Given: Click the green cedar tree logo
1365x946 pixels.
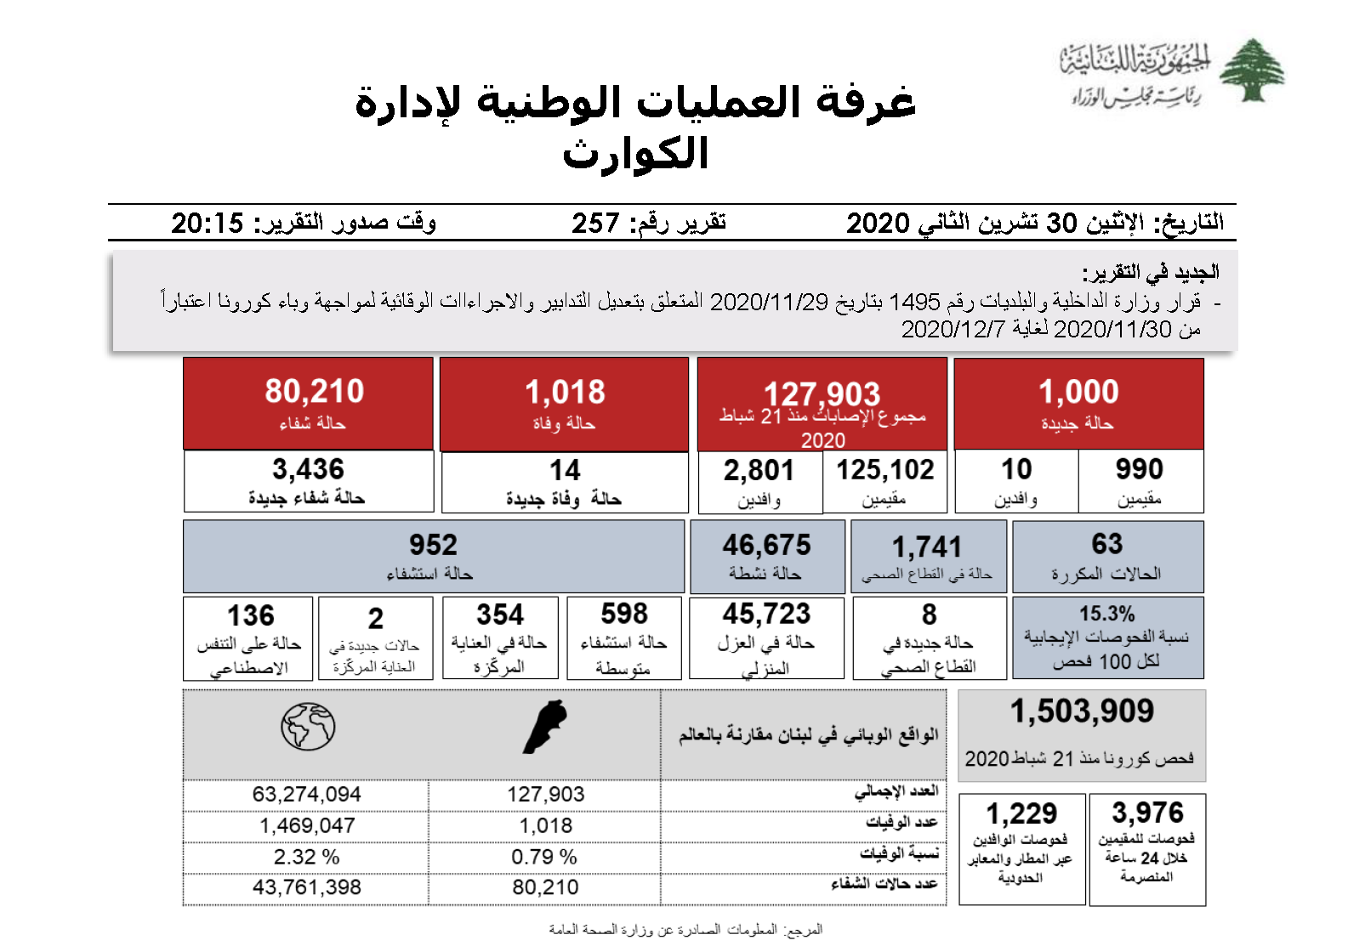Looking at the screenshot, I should click(1251, 71).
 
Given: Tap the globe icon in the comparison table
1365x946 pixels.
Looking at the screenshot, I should click(308, 727).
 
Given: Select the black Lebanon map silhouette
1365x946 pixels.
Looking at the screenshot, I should click(544, 727).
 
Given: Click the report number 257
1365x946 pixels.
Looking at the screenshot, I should click(595, 224).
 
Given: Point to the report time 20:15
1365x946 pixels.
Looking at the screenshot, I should click(208, 224).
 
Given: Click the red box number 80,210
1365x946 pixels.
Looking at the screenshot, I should click(314, 392).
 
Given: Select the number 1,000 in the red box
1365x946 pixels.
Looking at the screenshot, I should click(1078, 392).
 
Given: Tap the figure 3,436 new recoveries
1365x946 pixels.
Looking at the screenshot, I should click(308, 469).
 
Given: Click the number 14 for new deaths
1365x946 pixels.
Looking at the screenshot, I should click(565, 470).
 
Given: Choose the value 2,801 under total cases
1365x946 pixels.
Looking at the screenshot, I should click(759, 470).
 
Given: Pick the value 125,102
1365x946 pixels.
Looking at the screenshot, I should click(884, 470).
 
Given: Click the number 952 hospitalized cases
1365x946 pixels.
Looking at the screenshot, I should click(433, 545).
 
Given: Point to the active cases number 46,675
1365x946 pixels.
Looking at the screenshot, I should click(766, 545).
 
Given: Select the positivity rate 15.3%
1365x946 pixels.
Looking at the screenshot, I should click(1106, 614).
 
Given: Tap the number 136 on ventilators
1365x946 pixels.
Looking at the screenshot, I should click(250, 615).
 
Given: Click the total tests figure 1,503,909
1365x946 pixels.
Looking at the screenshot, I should click(1082, 711).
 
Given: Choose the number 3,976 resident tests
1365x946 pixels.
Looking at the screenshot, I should click(1147, 813).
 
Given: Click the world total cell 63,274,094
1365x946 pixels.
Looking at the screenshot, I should click(306, 795).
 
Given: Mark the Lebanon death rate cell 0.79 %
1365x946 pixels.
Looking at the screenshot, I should click(544, 857).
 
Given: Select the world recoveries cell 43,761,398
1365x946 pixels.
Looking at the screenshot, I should click(306, 887).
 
